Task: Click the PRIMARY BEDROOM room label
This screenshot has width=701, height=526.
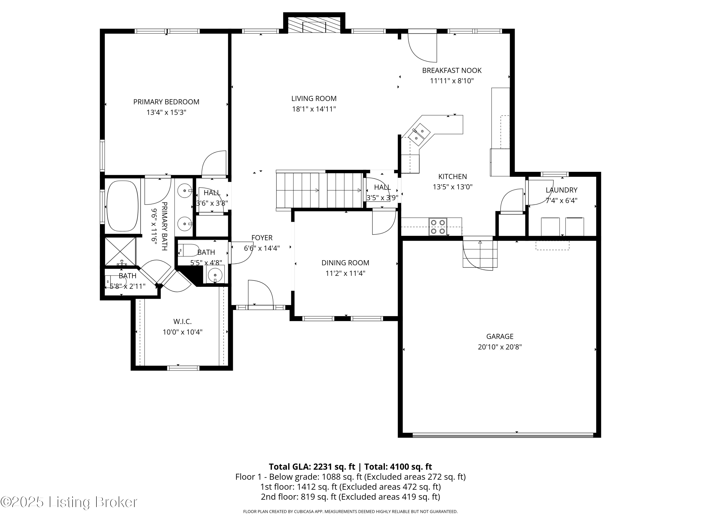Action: tap(166, 102)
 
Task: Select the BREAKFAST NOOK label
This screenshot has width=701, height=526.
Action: tap(452, 70)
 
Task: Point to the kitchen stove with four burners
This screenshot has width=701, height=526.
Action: tap(438, 227)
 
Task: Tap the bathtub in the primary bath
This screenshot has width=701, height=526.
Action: tap(122, 206)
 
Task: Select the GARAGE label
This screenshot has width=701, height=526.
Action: tap(500, 336)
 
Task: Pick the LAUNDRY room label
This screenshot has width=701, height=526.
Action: tap(561, 190)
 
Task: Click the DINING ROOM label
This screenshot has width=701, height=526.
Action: tap(345, 263)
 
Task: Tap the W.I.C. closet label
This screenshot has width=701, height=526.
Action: tap(182, 321)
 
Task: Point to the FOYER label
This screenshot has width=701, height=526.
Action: tap(262, 238)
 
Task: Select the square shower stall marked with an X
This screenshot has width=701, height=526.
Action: tap(120, 251)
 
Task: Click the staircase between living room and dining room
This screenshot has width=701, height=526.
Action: tap(319, 190)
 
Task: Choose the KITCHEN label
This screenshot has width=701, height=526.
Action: tap(453, 177)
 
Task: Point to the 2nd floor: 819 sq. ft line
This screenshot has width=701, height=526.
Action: tap(350, 497)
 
